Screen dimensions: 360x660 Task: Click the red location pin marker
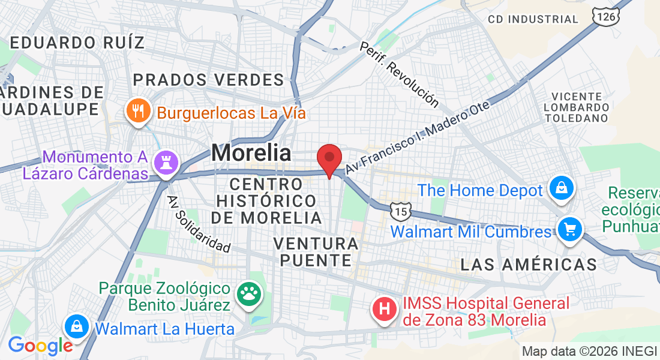coord(329,159)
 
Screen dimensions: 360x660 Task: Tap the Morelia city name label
coord(251,152)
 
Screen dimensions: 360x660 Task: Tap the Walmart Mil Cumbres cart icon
coord(568,230)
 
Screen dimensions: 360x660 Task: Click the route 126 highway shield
coord(605,17)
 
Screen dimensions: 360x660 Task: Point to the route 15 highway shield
coord(400,211)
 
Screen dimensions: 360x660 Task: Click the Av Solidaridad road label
coord(199,224)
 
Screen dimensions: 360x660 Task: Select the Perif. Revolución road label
coord(399,74)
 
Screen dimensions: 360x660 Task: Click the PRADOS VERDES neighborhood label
coord(208,80)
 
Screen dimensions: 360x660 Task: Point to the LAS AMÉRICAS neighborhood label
coord(529,264)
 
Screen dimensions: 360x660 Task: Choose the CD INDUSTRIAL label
coord(533,19)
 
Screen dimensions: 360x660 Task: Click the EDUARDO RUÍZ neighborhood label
coord(78,43)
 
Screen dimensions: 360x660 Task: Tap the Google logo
coord(40,346)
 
